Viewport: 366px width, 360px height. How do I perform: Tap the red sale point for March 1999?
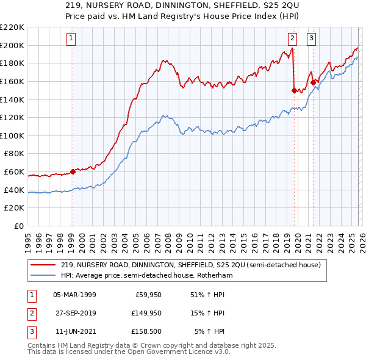(73, 171)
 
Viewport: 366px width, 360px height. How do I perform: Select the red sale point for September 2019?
(294, 90)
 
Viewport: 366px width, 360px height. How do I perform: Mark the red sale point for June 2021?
(313, 82)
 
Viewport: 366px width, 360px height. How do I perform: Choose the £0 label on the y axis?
(18, 226)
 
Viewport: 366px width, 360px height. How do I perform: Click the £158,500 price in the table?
(146, 332)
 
